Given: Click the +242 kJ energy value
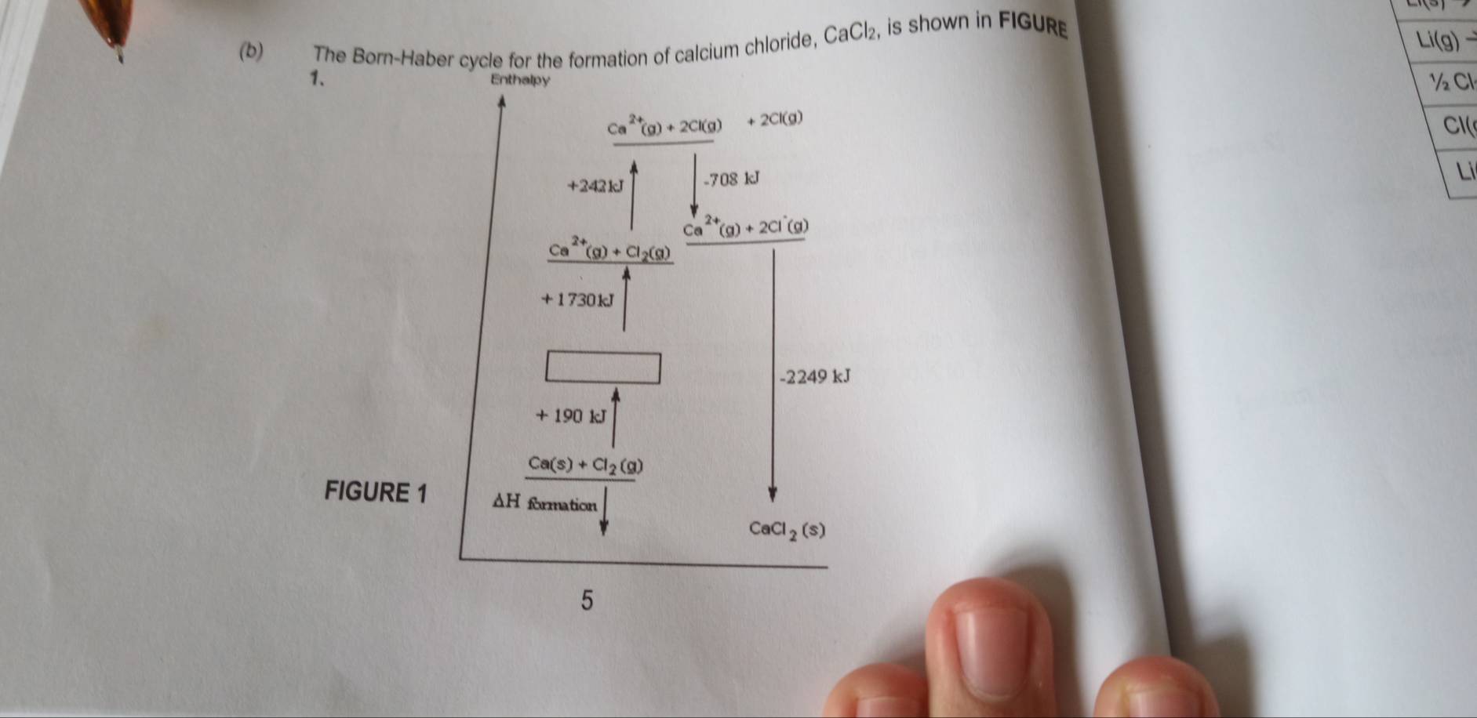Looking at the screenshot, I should click(x=596, y=186).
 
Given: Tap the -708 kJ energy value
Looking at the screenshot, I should click(x=733, y=180).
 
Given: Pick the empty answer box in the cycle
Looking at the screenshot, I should click(x=602, y=368).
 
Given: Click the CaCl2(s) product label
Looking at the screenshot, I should click(x=787, y=530).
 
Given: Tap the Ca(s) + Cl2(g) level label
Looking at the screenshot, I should click(x=585, y=466).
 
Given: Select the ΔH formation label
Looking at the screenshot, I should click(x=544, y=502).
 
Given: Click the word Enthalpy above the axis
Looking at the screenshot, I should click(x=520, y=79).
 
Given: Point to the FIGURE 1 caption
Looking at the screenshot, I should click(x=376, y=492).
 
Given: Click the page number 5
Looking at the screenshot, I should click(x=587, y=601).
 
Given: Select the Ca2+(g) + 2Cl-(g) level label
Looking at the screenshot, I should click(x=747, y=228).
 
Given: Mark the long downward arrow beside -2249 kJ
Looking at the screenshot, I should click(x=773, y=368).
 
